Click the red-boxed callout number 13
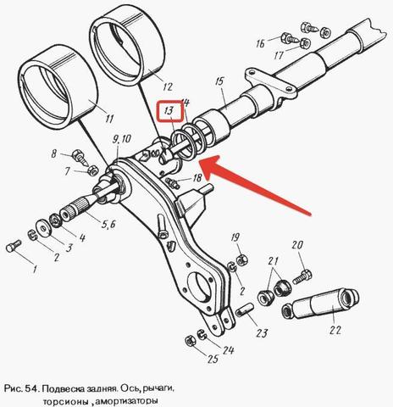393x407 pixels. [169, 110]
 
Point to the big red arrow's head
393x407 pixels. [210, 166]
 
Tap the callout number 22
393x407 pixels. [335, 330]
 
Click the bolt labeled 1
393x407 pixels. [14, 246]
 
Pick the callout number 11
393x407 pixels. [108, 119]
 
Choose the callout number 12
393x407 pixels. [167, 86]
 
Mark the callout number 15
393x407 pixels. [219, 81]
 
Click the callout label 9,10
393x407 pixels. [121, 139]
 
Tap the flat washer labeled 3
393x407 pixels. [44, 228]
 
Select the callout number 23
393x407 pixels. [261, 333]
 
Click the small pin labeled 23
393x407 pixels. [245, 309]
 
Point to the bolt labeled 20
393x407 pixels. [302, 276]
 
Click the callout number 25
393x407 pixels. [213, 359]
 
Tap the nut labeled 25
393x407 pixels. [190, 341]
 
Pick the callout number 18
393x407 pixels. [197, 177]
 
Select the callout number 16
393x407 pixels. [260, 43]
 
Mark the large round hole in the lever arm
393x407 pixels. [201, 287]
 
